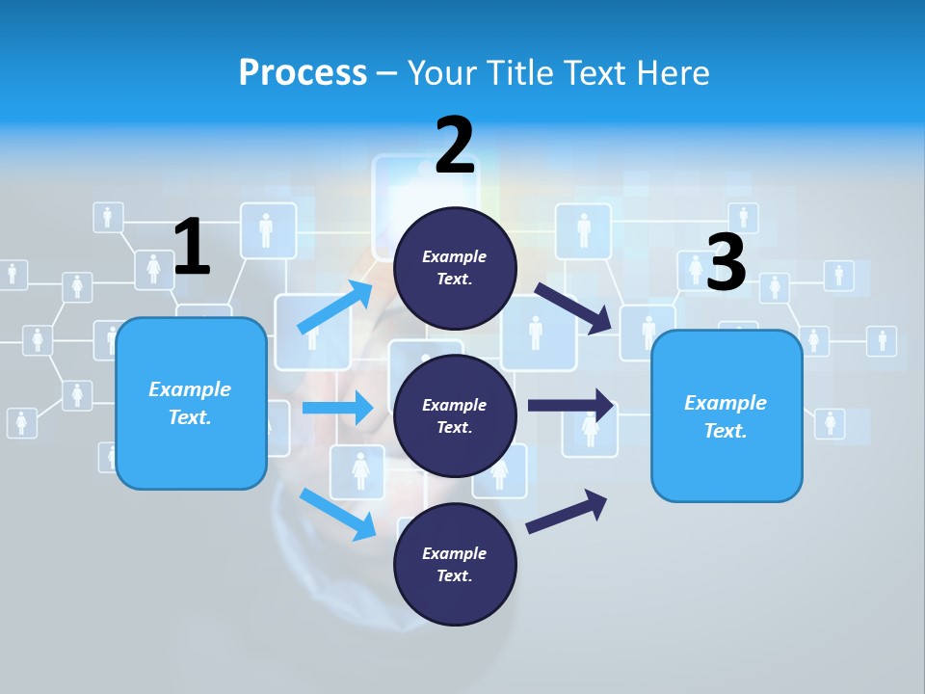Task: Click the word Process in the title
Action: (x=303, y=73)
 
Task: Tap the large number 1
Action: (x=192, y=248)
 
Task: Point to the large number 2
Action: (x=455, y=146)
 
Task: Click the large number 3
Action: (x=727, y=263)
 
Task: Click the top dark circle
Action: (x=455, y=268)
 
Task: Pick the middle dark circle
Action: (x=455, y=416)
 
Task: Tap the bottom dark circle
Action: (x=455, y=565)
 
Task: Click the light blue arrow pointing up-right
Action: (x=335, y=308)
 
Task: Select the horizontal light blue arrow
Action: (x=337, y=408)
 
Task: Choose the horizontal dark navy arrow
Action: (x=570, y=406)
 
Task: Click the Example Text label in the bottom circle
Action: (x=455, y=565)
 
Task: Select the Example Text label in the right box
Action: (x=726, y=416)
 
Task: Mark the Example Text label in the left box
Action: (x=190, y=403)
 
